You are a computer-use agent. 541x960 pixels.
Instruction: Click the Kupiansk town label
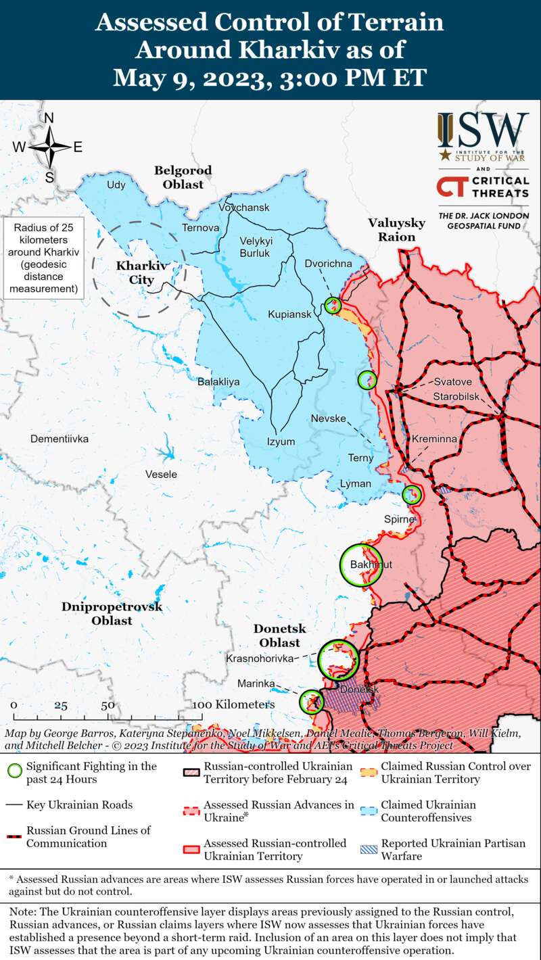tap(289, 315)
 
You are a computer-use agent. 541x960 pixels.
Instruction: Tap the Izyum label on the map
tap(281, 441)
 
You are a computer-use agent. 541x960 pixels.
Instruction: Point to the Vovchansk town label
tap(243, 207)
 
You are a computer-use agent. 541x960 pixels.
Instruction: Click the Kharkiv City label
tap(134, 272)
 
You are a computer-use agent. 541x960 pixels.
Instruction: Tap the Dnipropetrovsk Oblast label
tap(112, 613)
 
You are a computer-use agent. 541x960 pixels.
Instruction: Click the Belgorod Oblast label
tap(183, 177)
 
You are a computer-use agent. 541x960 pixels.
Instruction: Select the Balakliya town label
tap(218, 382)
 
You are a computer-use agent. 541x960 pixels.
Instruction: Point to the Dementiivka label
tap(60, 439)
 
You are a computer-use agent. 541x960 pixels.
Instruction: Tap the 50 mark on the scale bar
tap(108, 705)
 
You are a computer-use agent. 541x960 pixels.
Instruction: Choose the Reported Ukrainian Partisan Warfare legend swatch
tap(369, 850)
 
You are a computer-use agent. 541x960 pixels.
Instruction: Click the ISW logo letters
tap(483, 128)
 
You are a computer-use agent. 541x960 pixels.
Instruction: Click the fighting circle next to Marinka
tap(311, 701)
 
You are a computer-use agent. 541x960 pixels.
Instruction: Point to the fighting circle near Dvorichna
tap(333, 305)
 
